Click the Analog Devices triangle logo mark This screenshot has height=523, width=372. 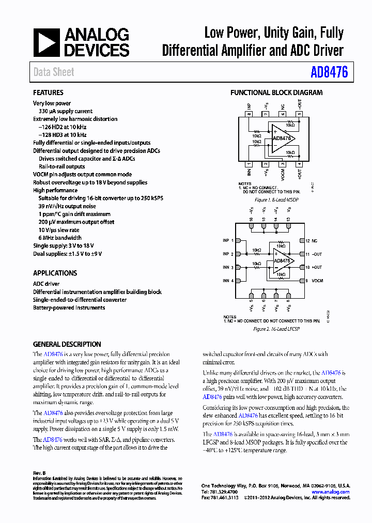[47, 42]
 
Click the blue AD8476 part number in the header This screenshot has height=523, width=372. [329, 72]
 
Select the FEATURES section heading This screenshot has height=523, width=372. [48, 93]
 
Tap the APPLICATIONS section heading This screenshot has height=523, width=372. [55, 273]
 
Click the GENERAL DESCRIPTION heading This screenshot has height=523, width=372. [67, 344]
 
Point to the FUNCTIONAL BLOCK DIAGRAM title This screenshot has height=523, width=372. [276, 93]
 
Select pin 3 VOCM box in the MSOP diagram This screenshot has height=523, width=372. [283, 164]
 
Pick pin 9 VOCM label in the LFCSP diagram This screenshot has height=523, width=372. [317, 281]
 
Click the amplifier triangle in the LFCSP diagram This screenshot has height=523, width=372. [282, 260]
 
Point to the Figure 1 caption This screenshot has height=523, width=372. [276, 199]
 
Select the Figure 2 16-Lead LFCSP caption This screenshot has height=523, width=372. [276, 329]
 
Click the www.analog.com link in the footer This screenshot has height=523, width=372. [334, 492]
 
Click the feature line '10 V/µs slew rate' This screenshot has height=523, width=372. [59, 230]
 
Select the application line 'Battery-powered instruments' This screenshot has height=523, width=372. [69, 307]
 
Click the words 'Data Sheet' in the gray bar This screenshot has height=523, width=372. [54, 72]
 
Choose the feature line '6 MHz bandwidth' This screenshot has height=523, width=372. [60, 238]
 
